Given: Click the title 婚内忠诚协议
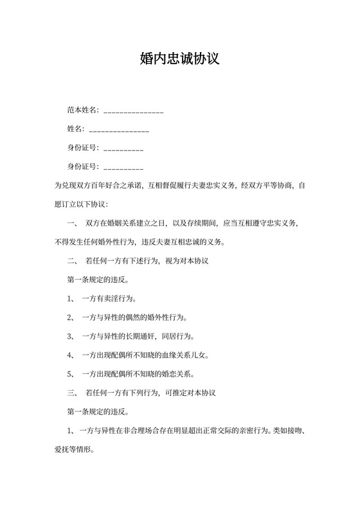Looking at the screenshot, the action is click(179, 60).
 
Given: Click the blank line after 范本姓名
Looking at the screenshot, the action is click(133, 111).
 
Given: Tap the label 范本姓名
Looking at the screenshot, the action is click(83, 111).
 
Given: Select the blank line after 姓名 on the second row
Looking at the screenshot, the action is click(119, 130).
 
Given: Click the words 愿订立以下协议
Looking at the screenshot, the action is click(84, 204).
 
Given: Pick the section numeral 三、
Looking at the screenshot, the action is click(72, 392).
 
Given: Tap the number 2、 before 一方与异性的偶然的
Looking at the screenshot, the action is click(72, 317).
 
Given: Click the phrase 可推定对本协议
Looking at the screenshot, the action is click(190, 392).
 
